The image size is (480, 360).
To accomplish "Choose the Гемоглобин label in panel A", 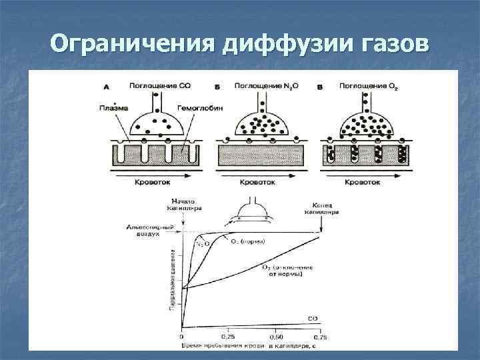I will tap(197, 107).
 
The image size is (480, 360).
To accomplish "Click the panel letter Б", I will tap(217, 87).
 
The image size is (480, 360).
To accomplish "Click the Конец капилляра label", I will tap(325, 208).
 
